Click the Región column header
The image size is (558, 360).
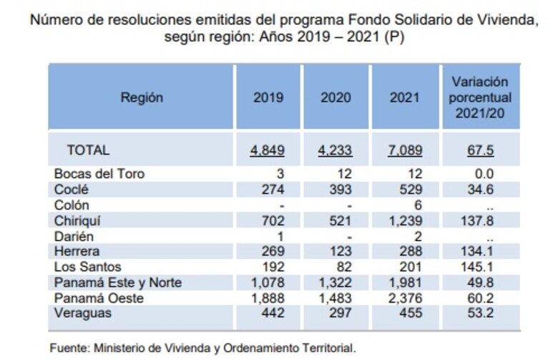(x=142, y=98)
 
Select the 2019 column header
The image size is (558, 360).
(x=268, y=98)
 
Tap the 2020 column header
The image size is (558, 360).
(x=336, y=98)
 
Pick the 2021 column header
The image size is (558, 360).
(x=404, y=98)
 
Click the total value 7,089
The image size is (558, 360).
(x=404, y=150)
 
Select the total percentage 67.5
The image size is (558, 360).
(x=481, y=150)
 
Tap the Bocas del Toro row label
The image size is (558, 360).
(x=104, y=174)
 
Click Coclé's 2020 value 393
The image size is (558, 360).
(x=340, y=190)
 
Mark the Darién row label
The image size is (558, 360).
(x=74, y=235)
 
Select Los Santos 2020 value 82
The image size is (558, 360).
(x=343, y=267)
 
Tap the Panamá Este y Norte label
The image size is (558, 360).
(x=117, y=283)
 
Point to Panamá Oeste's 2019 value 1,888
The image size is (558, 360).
(x=268, y=298)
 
